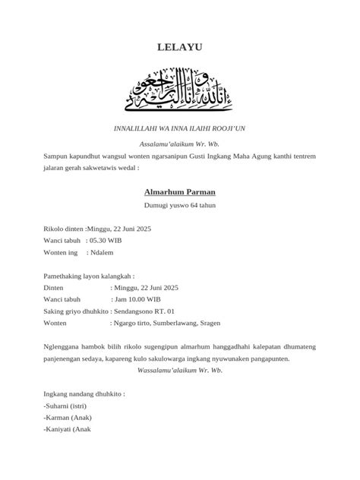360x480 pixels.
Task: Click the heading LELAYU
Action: click(180, 48)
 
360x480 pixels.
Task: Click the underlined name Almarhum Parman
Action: click(180, 192)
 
